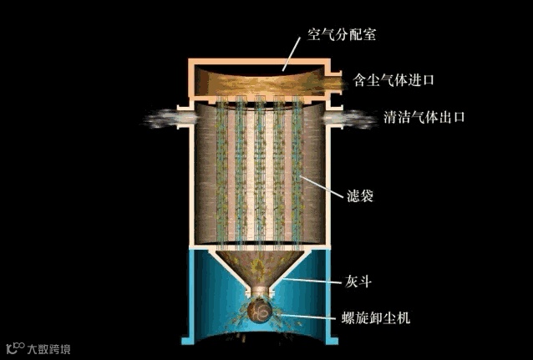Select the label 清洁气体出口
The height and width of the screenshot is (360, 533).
[424, 117]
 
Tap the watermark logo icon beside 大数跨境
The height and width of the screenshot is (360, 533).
[15, 346]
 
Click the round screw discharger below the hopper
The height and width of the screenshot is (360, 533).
[261, 311]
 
